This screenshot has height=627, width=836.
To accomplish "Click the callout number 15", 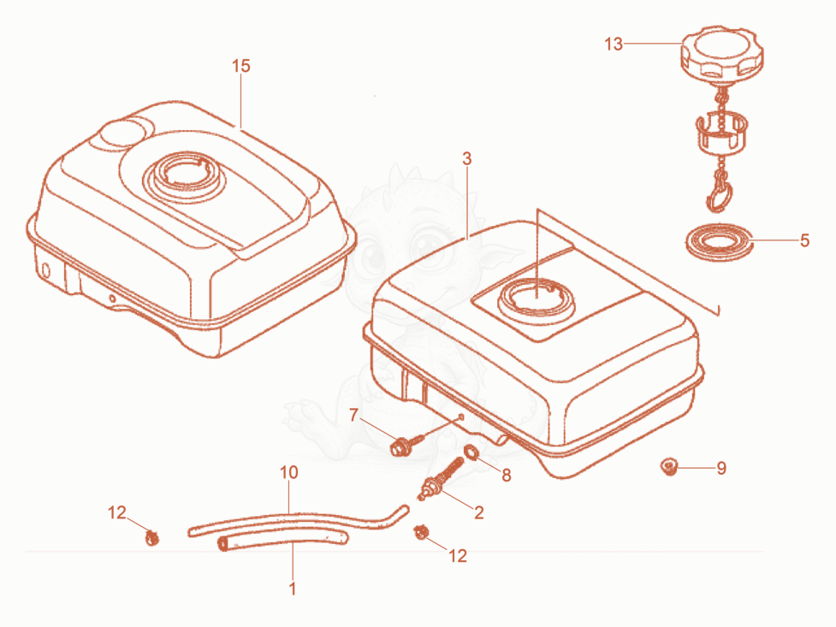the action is (x=241, y=66).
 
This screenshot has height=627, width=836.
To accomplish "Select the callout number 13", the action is (x=614, y=44).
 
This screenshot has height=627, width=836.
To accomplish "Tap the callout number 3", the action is (x=467, y=158).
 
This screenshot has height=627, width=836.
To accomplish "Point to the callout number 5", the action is (x=804, y=240).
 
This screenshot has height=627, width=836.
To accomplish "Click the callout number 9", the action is (x=721, y=468).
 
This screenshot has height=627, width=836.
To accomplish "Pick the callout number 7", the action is (x=353, y=415).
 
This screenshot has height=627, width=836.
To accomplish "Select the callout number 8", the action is (x=506, y=475).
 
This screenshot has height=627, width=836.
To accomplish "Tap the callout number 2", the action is (x=479, y=512).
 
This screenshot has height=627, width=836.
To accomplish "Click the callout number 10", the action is (x=289, y=472).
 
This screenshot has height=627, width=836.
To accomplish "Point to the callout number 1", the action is (x=292, y=589).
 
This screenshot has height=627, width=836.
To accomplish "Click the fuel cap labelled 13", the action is (x=722, y=53).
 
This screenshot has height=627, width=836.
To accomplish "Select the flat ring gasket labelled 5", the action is (x=718, y=242).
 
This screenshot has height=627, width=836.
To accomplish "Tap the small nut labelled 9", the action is (x=668, y=466).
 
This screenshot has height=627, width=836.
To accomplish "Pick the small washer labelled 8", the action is (x=471, y=453).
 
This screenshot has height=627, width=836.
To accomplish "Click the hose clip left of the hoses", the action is (x=152, y=537).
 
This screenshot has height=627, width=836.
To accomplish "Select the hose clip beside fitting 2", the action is (x=421, y=532).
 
